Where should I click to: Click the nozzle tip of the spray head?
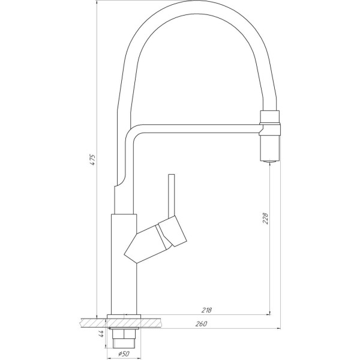coord(269,160)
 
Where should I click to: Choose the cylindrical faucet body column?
coord(124,264)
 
